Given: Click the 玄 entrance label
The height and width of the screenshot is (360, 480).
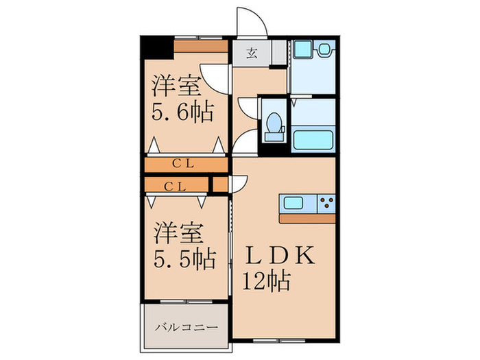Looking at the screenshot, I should click(x=252, y=53).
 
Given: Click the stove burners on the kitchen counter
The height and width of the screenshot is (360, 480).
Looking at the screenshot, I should click(x=325, y=204).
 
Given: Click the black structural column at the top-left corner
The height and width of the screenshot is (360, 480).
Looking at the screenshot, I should click(x=156, y=49).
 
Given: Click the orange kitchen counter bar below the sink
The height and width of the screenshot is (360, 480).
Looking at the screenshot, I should click(x=307, y=218).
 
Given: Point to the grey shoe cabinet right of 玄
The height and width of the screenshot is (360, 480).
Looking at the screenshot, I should click(x=278, y=52).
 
